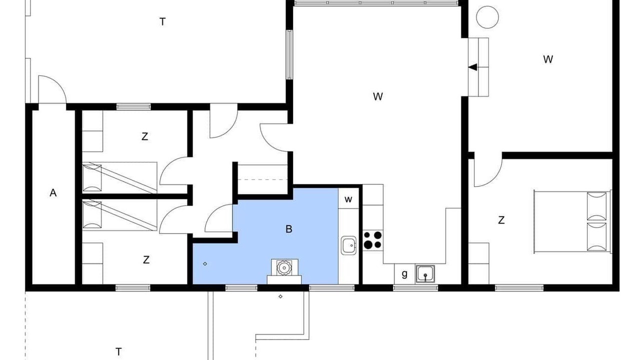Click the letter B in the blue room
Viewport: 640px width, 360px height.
pyautogui.click(x=289, y=229)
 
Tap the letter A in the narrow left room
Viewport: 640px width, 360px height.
pyautogui.click(x=53, y=193)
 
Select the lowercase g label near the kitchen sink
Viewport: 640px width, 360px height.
pyautogui.click(x=404, y=274)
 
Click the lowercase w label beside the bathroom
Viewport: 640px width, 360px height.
pyautogui.click(x=348, y=199)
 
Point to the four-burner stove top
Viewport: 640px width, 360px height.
pyautogui.click(x=373, y=240)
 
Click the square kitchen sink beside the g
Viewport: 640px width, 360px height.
pyautogui.click(x=425, y=274)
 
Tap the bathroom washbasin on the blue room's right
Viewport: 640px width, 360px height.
pyautogui.click(x=349, y=245)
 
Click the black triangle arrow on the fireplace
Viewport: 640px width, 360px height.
pyautogui.click(x=473, y=67)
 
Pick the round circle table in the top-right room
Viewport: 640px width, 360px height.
pyautogui.click(x=487, y=17)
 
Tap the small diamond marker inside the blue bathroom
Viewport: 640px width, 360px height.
pyautogui.click(x=205, y=263)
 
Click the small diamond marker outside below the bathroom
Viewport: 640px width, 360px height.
pyautogui.click(x=280, y=296)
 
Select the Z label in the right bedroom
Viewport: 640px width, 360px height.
pyautogui.click(x=501, y=220)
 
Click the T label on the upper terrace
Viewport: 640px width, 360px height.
pyautogui.click(x=162, y=21)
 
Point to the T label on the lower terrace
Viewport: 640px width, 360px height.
pyautogui.click(x=118, y=351)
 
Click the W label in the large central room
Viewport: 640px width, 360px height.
pyautogui.click(x=377, y=96)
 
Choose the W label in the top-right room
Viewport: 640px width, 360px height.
pyautogui.click(x=548, y=59)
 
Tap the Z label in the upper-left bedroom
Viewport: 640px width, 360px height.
pyautogui.click(x=145, y=136)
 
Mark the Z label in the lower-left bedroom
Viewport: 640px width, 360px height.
pyautogui.click(x=146, y=259)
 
